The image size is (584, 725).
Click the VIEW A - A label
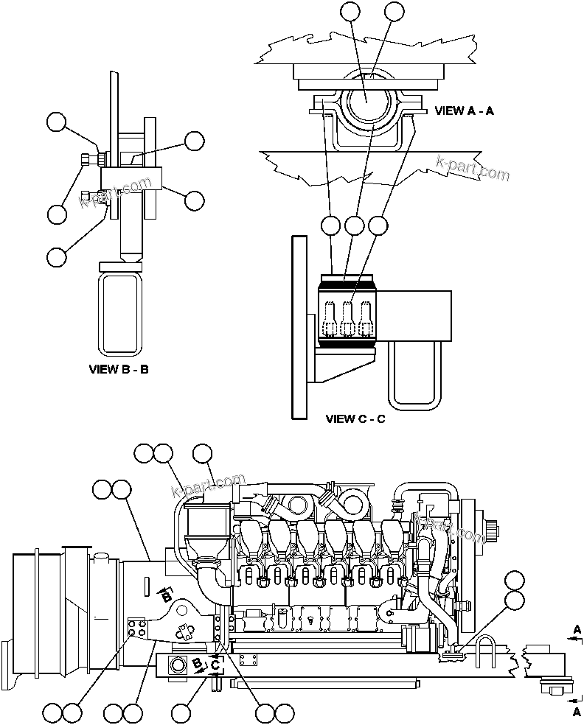[x=464, y=111]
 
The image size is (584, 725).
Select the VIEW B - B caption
[x=119, y=368]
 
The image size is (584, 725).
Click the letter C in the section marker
[x=215, y=665]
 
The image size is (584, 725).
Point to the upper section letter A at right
[x=577, y=628]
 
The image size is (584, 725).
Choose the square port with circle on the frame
[x=179, y=665]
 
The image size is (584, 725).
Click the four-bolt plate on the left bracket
[x=136, y=628]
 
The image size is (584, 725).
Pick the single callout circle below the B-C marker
[x=181, y=712]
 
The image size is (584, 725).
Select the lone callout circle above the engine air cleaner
[x=202, y=454]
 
